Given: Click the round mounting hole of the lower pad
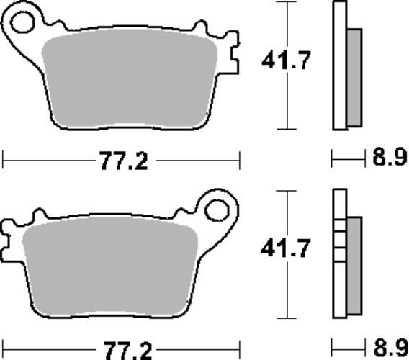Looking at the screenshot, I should (215, 210).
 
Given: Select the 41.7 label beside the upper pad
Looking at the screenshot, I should (286, 62).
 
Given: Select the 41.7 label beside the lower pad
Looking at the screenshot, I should (286, 250).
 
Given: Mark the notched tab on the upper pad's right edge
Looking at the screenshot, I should (230, 54).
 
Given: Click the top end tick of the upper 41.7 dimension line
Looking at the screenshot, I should (287, 3).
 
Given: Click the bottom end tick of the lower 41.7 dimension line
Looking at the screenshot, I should (287, 318).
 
